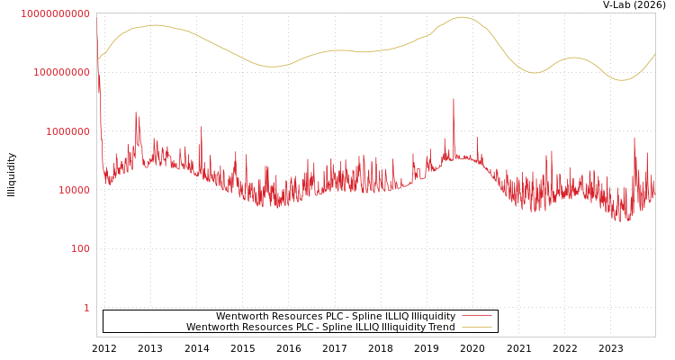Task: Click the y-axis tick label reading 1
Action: pos(86,308)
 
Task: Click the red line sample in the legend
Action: pos(477,316)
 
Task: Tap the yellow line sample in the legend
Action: pos(477,327)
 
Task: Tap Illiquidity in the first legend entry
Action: pos(427,316)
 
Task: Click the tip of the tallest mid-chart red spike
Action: pos(454,99)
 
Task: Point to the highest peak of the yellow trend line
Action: pos(463,17)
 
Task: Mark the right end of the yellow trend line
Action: pos(654,55)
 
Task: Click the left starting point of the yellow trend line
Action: pos(97,61)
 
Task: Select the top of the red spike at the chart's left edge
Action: pos(97,27)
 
